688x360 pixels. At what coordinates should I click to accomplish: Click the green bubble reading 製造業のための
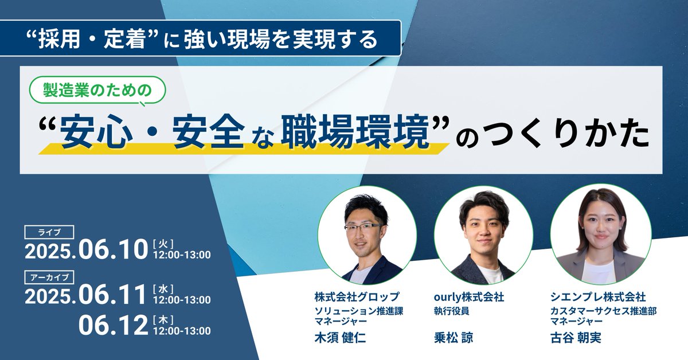pos(97,90)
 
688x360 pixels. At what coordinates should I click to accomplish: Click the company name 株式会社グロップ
pos(356,297)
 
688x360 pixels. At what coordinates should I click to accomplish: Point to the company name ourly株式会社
pos(469,297)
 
